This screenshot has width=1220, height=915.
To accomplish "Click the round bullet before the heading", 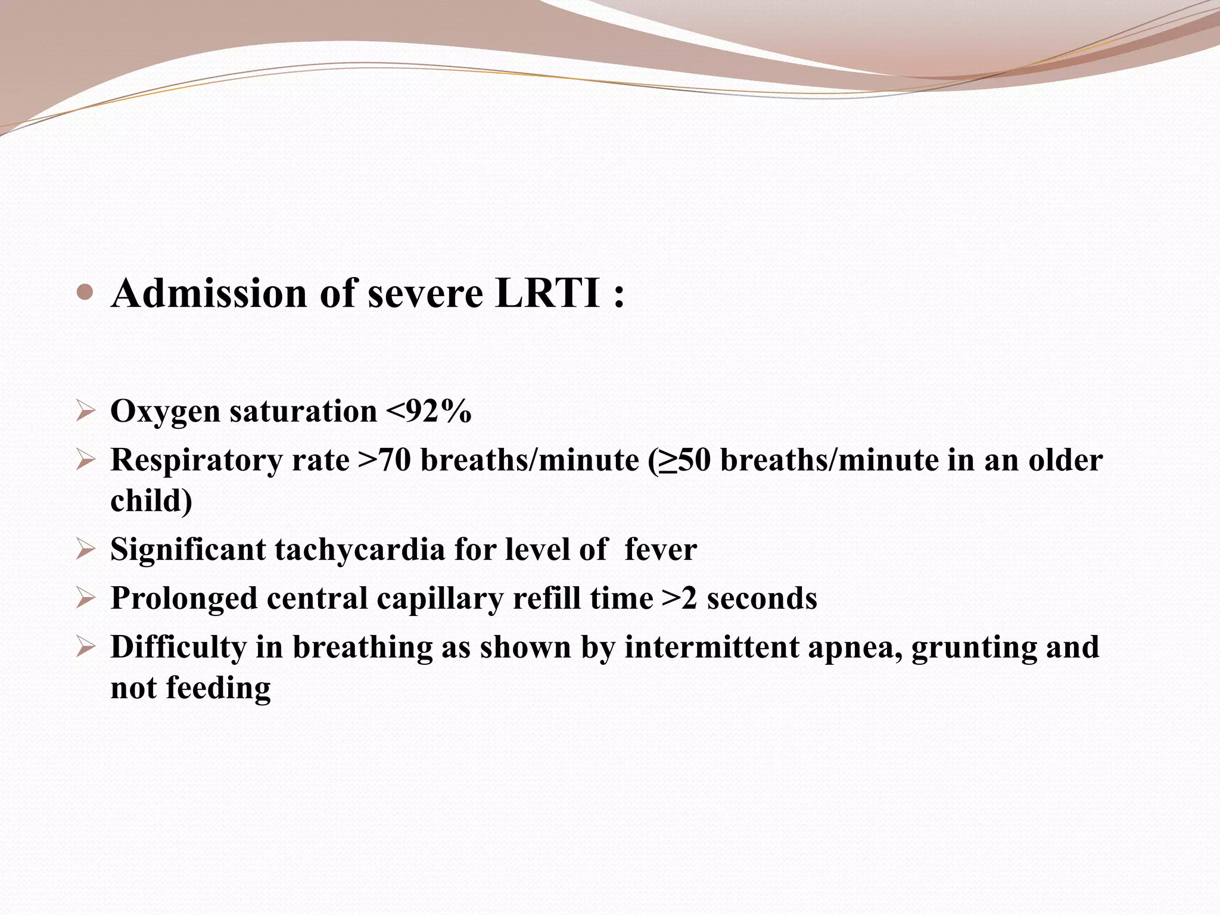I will click(x=86, y=292).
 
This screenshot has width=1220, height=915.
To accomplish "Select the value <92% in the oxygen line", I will click(x=428, y=411).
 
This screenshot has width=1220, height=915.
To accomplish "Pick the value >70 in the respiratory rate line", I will click(x=385, y=460).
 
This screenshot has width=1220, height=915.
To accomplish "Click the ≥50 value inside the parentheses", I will click(x=685, y=460).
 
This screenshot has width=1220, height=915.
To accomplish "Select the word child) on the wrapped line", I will click(x=151, y=500).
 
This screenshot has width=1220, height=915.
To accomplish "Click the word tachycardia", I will click(x=360, y=549).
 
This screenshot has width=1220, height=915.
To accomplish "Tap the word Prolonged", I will click(x=184, y=599).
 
